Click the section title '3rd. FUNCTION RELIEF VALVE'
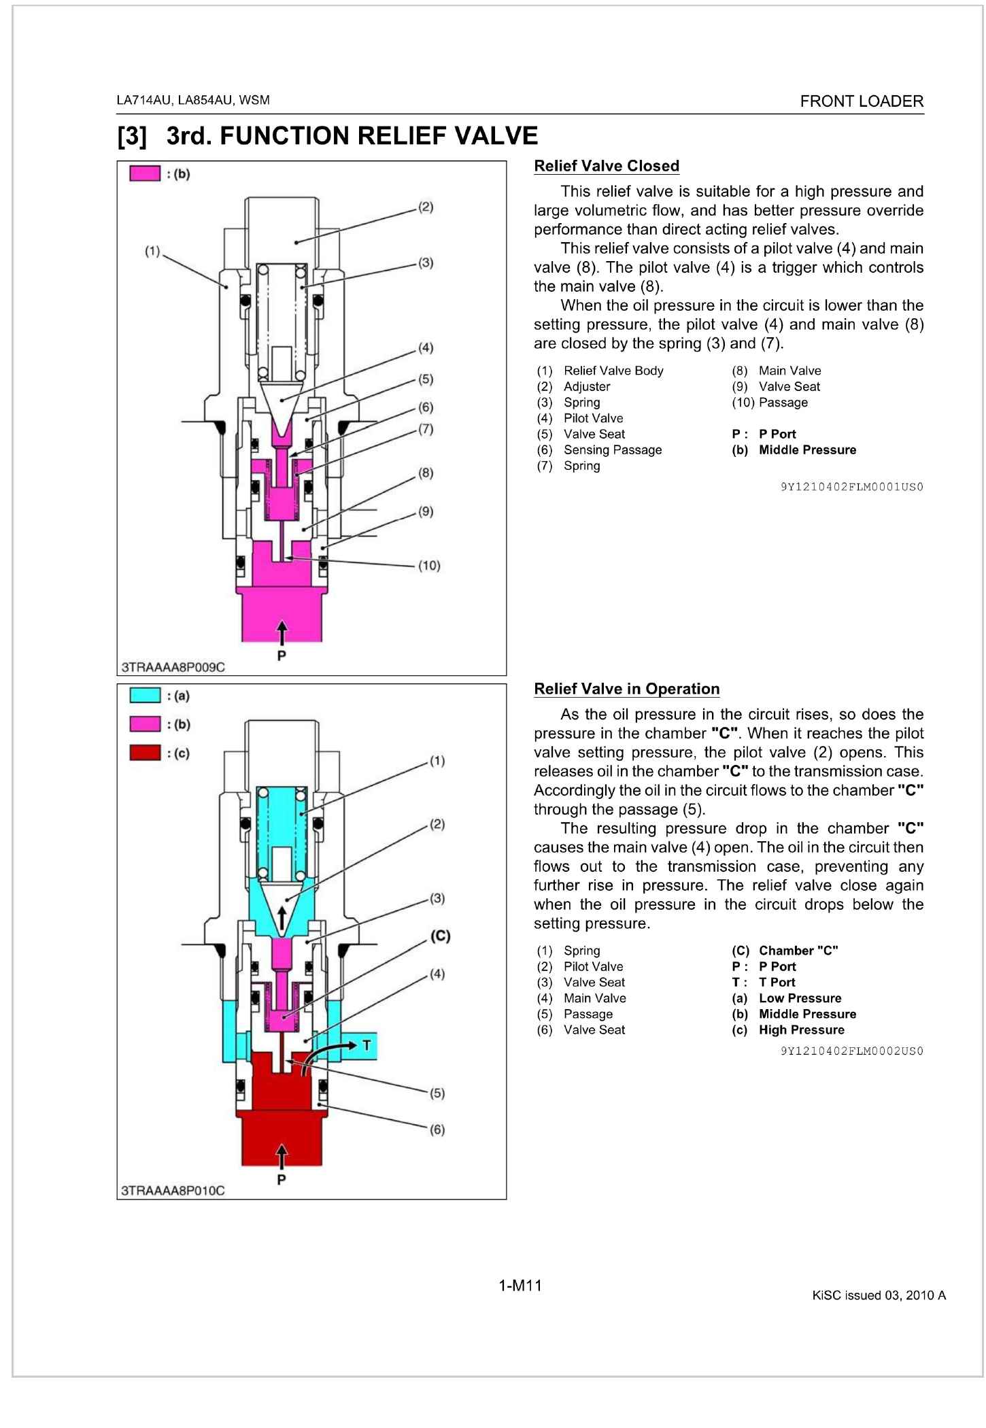pos(352,136)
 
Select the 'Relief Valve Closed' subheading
pos(607,166)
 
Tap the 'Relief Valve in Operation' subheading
pos(626,689)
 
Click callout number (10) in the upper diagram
pos(428,565)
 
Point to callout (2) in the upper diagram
pos(425,207)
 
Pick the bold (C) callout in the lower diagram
pos(440,936)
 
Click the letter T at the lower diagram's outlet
pos(366,1044)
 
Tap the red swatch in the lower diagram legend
pos(146,753)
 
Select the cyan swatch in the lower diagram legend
pos(146,696)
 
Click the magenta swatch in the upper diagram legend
pos(146,174)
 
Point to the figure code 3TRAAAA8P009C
pos(173,667)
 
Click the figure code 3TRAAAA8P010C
pos(173,1190)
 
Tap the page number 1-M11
pos(520,1285)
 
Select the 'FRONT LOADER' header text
pos(862,101)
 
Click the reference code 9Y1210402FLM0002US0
pos(851,1051)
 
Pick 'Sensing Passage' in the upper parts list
pos(612,449)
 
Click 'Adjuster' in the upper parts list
pos(587,386)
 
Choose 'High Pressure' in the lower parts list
pos(801,1030)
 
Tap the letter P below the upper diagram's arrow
pos(282,656)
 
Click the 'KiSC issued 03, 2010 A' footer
pos(879,1295)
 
